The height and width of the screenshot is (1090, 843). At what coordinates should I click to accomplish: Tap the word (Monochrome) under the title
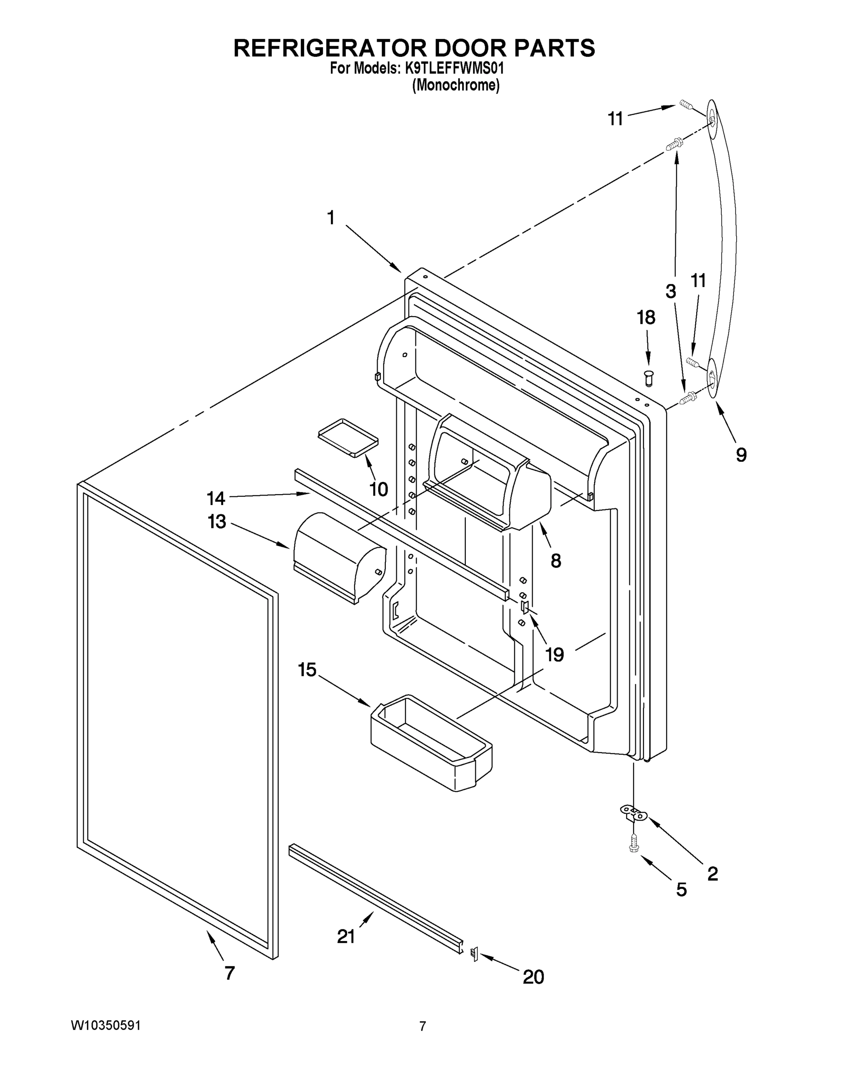[x=455, y=85]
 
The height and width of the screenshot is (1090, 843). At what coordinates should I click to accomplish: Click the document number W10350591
[x=105, y=1026]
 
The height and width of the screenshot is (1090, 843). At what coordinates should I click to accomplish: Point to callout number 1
[x=330, y=218]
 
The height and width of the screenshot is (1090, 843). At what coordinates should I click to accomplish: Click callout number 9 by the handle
[x=741, y=455]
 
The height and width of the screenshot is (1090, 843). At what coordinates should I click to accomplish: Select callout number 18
[x=646, y=317]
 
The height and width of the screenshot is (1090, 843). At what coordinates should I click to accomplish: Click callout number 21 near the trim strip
[x=345, y=937]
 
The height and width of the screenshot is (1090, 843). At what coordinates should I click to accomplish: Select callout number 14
[x=216, y=498]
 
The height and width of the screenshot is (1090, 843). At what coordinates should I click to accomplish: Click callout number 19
[x=554, y=654]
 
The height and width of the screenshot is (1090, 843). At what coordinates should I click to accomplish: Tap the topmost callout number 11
[x=615, y=119]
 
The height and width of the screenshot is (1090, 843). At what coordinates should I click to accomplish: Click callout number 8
[x=556, y=561]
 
